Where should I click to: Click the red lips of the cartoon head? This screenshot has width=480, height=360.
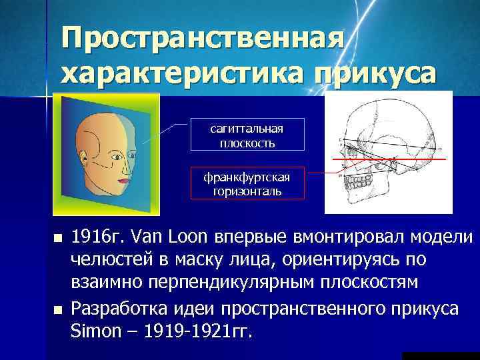(x=123, y=180)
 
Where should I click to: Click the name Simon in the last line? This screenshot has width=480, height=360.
(x=93, y=331)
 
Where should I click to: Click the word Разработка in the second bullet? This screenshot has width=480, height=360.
(x=114, y=309)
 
